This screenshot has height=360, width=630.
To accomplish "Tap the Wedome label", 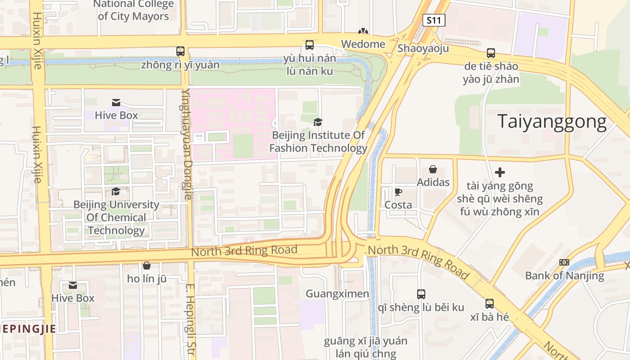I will pos(363,44).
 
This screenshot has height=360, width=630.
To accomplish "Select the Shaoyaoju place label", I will pos(423,48).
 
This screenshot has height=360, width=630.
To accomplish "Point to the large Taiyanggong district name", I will pos(552,121).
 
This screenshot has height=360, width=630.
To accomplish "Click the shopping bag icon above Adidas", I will pos(433,169).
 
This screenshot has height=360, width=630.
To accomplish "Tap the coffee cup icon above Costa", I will pos(398,192).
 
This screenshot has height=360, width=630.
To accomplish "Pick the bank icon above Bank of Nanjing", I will pos(564,262).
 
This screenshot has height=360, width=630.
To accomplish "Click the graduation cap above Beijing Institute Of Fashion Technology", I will pos(318,122).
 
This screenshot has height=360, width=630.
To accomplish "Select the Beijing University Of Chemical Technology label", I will pos(116,218).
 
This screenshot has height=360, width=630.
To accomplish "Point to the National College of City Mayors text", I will pos(133,10).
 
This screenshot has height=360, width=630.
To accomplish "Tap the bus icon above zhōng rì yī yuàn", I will pos(180,51).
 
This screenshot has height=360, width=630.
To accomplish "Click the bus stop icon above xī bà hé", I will pos(490,304).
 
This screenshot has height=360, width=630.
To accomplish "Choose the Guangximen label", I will pos(337,294).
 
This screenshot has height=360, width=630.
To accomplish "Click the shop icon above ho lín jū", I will pos(146,265).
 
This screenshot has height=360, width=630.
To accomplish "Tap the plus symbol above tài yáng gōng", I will pos(499,172).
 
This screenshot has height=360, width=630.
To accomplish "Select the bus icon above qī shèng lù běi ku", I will pos(421,294).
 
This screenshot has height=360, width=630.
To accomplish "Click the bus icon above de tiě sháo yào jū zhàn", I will pos(490,53).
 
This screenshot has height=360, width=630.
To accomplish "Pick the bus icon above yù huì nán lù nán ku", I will pos(310,45).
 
